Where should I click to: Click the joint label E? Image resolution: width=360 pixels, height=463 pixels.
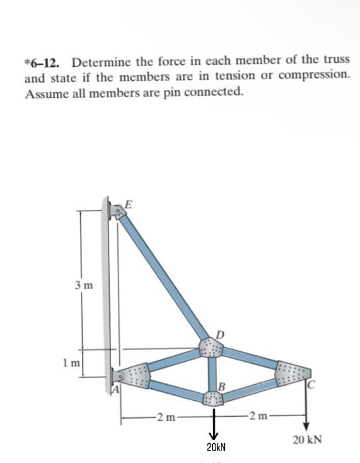(x=128, y=204)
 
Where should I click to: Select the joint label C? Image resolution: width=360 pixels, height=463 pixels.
(x=310, y=382)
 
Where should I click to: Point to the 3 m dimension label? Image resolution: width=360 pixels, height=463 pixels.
(x=85, y=286)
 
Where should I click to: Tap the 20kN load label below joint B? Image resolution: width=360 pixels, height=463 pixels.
(x=214, y=448)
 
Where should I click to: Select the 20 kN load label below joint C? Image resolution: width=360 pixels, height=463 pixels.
(x=307, y=439)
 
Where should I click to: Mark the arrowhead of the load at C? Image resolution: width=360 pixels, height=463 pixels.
(x=306, y=425)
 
